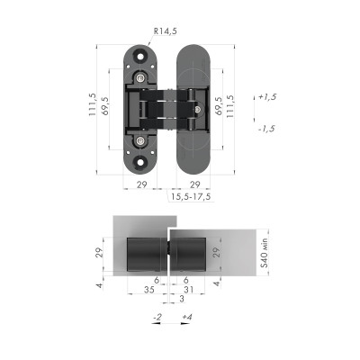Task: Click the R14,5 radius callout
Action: [x=166, y=31]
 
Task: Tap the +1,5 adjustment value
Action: [x=267, y=95]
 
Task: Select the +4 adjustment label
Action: [x=185, y=319]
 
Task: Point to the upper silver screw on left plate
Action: [x=141, y=79]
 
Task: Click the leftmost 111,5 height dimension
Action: [x=92, y=109]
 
